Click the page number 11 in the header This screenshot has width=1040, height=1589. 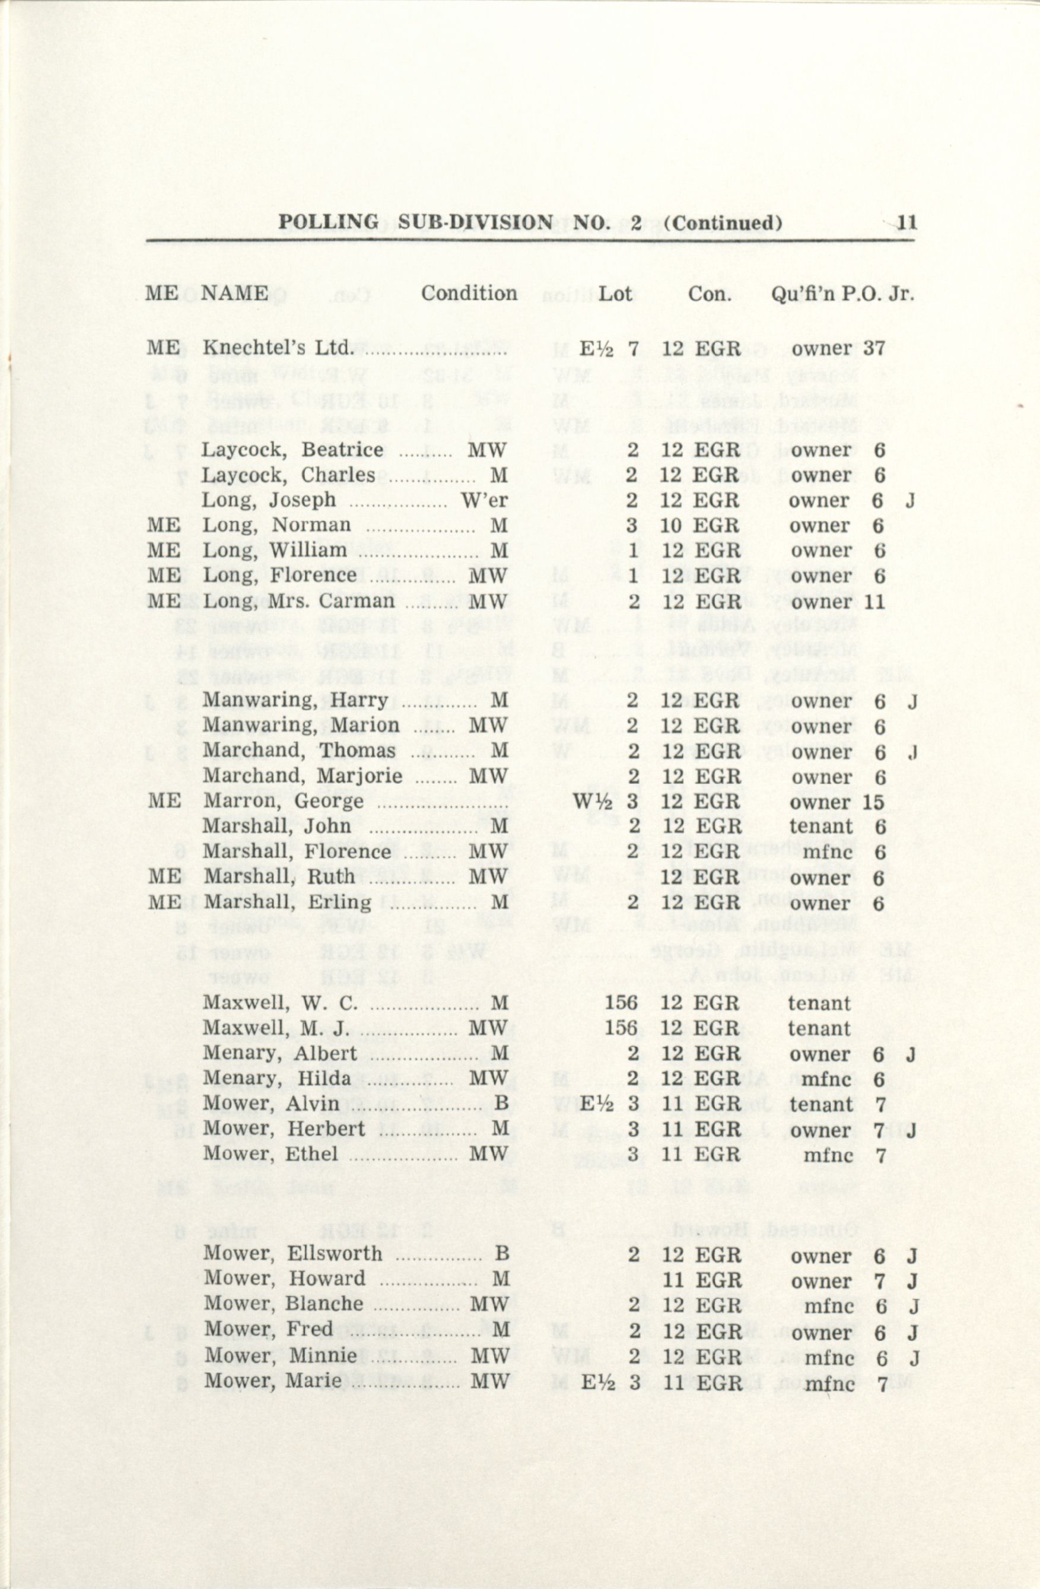(907, 223)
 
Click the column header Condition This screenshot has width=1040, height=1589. (469, 294)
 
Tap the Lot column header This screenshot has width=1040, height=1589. (615, 294)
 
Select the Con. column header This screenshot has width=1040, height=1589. (710, 294)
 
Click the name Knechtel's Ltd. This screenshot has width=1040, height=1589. (276, 348)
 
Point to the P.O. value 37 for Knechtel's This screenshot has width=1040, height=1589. (874, 348)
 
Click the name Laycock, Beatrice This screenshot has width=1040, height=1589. (292, 450)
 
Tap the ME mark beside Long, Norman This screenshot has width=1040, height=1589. (164, 526)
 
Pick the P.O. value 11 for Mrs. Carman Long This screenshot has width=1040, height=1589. (874, 602)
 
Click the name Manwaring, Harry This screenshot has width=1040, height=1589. (295, 700)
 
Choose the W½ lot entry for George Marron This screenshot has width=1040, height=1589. (590, 800)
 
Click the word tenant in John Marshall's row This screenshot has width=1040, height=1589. (821, 827)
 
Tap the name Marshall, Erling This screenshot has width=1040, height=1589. (287, 902)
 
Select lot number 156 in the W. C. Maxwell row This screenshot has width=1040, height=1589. (621, 1003)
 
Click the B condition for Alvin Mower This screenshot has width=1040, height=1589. (501, 1104)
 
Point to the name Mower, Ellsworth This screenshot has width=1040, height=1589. (292, 1254)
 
